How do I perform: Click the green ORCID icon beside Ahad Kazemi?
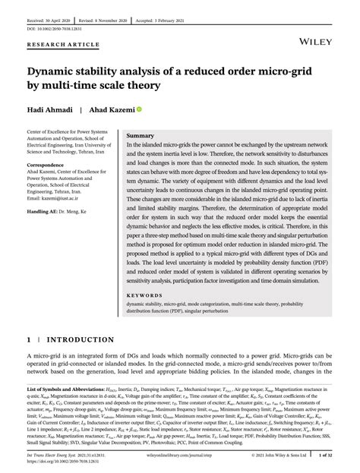click(139, 110)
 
